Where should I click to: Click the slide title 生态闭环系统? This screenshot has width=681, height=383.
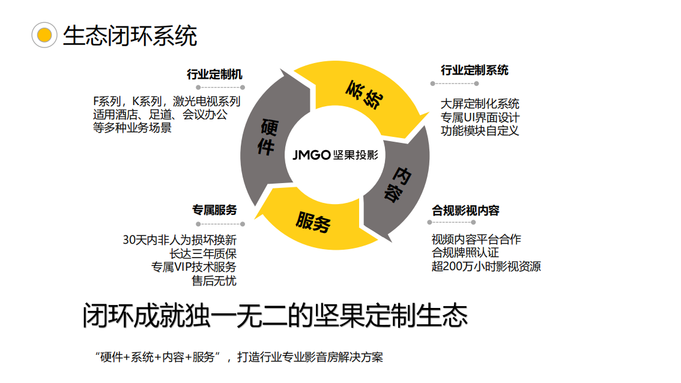click(130, 36)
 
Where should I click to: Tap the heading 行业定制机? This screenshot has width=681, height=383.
click(214, 74)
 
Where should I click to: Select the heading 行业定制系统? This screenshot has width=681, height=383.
click(474, 70)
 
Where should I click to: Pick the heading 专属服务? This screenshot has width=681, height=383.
click(214, 210)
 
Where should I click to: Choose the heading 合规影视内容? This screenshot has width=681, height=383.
click(465, 211)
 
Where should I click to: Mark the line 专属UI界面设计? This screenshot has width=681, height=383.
click(480, 117)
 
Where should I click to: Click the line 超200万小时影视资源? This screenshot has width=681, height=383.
click(486, 267)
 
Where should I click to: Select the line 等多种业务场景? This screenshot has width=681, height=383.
click(132, 127)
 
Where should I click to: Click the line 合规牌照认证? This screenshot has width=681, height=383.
click(465, 253)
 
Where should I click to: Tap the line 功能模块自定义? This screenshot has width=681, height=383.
click(480, 130)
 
